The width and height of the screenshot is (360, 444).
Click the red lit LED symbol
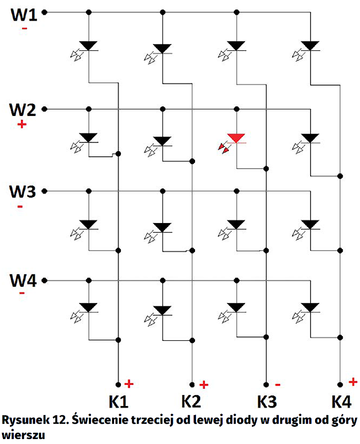(x=236, y=139)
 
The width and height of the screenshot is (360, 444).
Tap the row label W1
(x=24, y=14)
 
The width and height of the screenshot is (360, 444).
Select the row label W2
(x=24, y=110)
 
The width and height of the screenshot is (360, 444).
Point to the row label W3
(x=24, y=191)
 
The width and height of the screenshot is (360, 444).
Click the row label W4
(x=24, y=281)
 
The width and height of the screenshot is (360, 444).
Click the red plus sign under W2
(x=21, y=124)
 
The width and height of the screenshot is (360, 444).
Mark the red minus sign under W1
(x=24, y=30)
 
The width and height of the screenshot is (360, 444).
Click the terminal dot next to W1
(x=44, y=12)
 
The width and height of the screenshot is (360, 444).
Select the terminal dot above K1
(x=118, y=384)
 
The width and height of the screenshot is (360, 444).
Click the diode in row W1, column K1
(x=88, y=45)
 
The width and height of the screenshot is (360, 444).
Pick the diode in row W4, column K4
(x=310, y=307)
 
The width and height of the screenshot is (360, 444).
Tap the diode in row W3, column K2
(x=162, y=227)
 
